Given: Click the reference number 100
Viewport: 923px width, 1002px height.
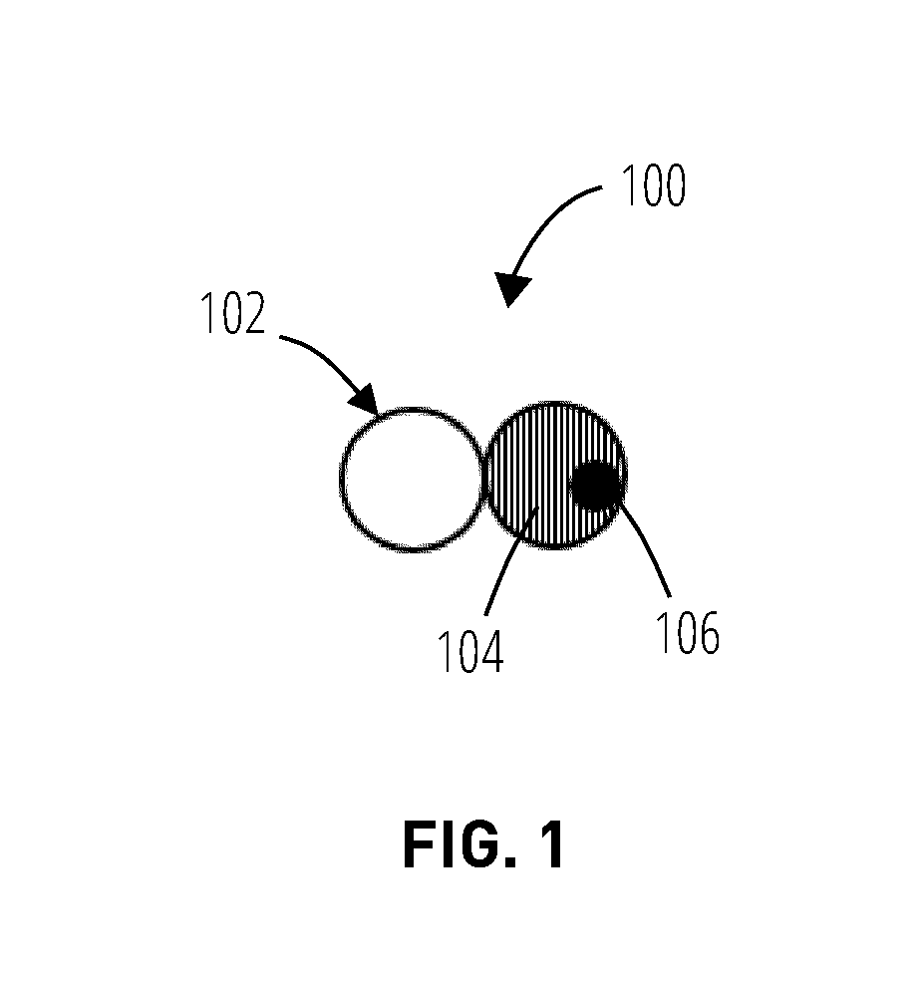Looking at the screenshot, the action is [654, 185].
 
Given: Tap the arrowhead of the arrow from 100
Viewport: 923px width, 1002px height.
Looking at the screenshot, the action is [511, 289].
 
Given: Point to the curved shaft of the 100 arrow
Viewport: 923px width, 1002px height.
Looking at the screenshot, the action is [549, 220].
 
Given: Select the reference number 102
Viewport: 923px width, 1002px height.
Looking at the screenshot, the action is [232, 313].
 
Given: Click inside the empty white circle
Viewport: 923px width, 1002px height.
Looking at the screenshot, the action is [412, 480].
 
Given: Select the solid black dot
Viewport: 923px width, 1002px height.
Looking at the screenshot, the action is [595, 486].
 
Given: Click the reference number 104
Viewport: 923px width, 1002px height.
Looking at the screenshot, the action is [470, 651].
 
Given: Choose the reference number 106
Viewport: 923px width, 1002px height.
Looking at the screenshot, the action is [688, 633].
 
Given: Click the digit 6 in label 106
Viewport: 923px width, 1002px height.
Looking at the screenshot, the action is [709, 633].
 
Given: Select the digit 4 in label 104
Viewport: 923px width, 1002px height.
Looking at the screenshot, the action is [491, 651].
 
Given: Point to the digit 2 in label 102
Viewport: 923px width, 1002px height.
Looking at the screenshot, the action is [254, 313].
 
